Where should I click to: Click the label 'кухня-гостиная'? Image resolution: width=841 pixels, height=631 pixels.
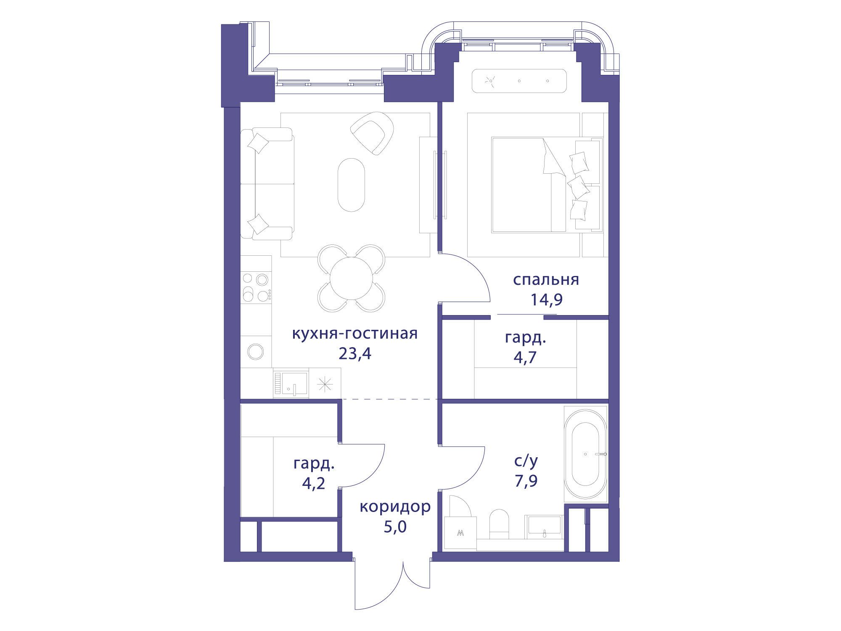[355, 334]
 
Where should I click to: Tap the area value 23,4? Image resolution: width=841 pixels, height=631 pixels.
[355, 354]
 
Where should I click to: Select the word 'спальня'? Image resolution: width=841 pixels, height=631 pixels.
[546, 280]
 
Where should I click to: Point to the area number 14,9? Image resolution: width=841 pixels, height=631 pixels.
[546, 300]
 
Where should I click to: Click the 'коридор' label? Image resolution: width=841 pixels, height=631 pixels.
[395, 507]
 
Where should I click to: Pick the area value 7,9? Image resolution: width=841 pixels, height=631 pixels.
[526, 480]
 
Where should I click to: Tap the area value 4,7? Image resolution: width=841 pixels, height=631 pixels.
[525, 357]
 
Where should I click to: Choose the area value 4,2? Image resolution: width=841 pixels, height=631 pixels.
[314, 483]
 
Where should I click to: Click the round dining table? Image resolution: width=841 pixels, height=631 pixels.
[351, 278]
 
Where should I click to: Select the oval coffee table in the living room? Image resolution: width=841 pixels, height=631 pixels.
[352, 185]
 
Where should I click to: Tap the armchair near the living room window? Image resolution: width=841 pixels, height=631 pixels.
[373, 133]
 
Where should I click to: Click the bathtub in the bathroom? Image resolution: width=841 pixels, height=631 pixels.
[585, 454]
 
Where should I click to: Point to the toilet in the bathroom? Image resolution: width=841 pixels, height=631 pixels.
[500, 524]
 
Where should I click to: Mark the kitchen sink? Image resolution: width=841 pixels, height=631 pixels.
[291, 383]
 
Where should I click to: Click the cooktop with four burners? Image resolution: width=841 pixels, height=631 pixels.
[256, 287]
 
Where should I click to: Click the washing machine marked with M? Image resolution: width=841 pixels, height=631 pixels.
[460, 533]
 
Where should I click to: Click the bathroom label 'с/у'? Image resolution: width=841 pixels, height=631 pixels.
[526, 461]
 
